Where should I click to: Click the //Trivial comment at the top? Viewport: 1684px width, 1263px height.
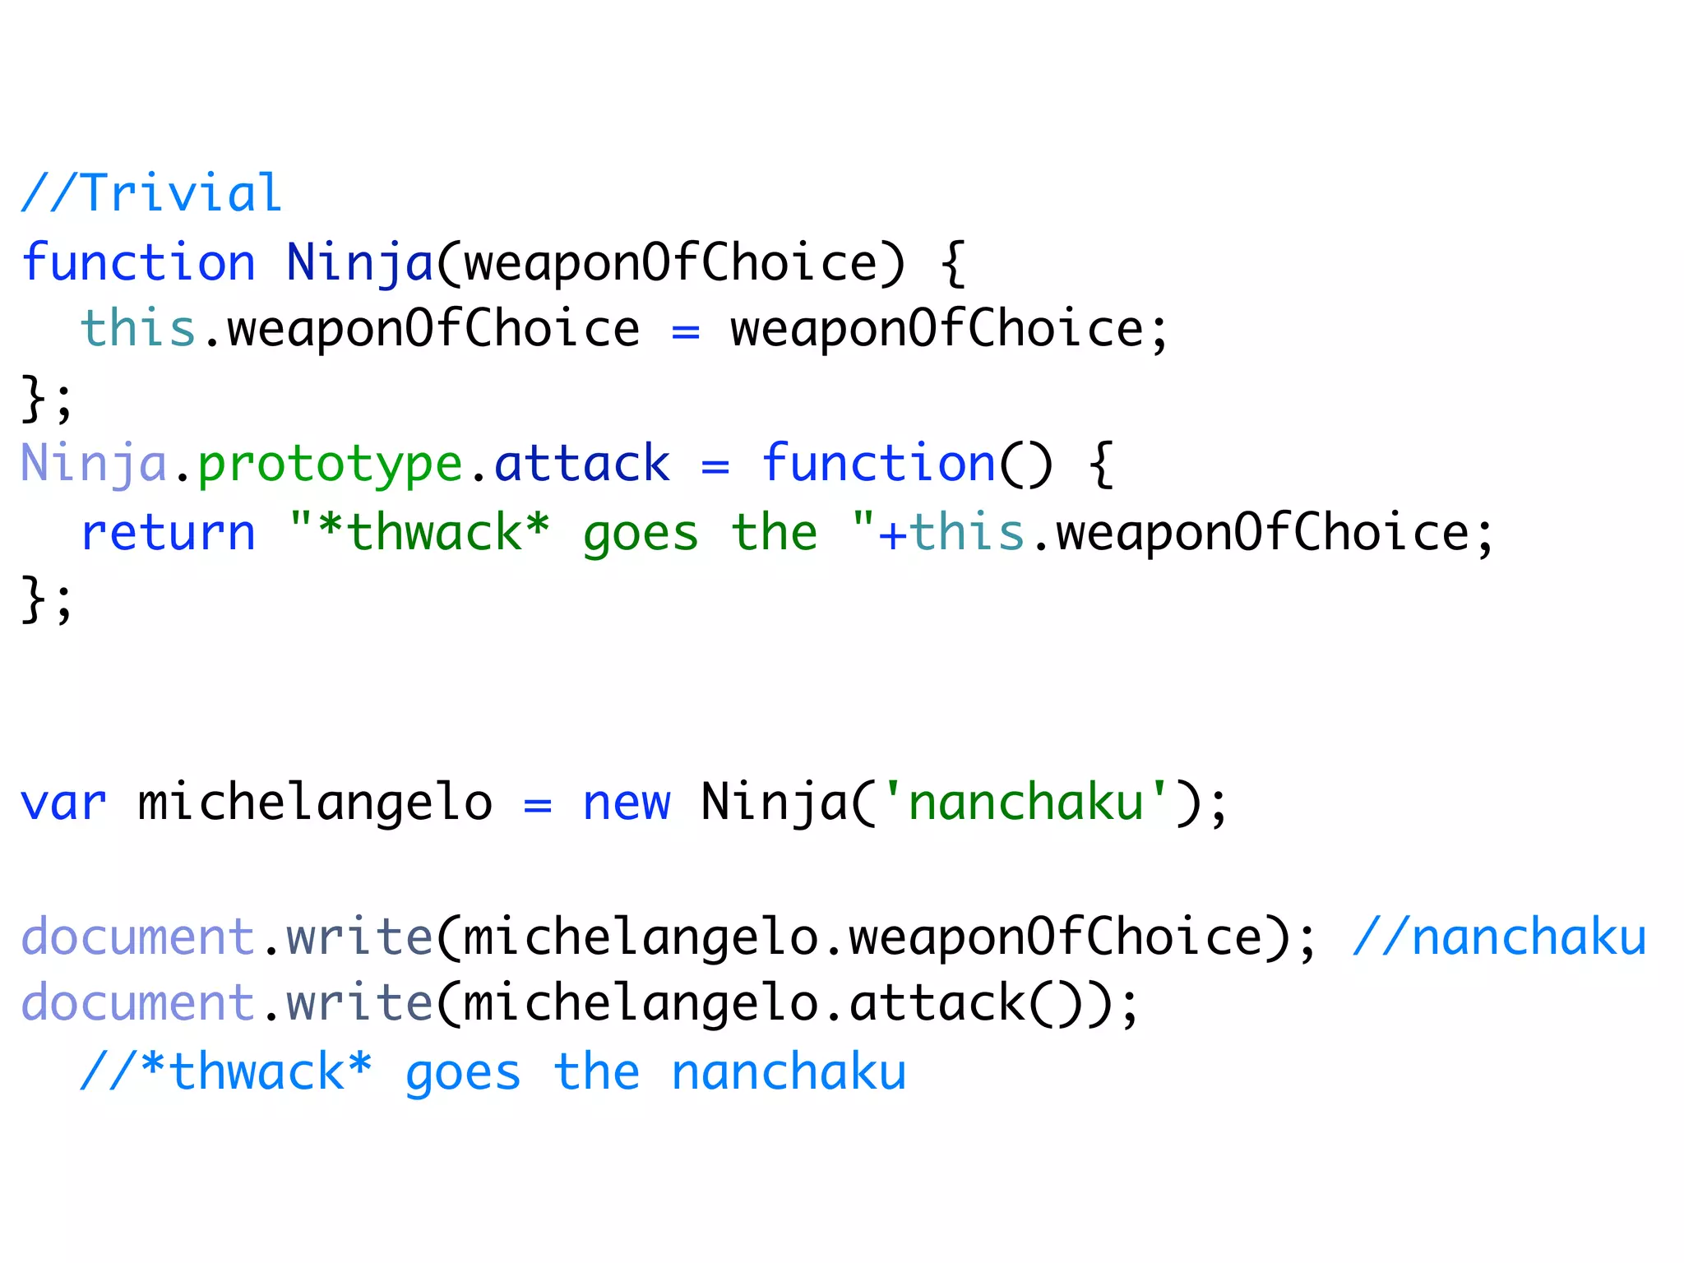click(x=151, y=194)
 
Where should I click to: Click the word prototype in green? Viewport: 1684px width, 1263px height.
click(x=330, y=465)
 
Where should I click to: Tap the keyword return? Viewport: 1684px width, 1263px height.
click(x=169, y=533)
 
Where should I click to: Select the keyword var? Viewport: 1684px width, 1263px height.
click(x=63, y=803)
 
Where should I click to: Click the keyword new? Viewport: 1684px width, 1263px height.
click(x=627, y=803)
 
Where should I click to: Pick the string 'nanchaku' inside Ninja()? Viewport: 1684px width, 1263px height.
click(x=1025, y=803)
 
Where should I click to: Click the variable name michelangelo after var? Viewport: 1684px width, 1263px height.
click(x=315, y=803)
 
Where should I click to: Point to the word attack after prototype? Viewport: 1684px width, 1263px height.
click(x=582, y=465)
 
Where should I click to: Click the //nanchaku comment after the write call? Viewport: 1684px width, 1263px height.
click(x=1499, y=937)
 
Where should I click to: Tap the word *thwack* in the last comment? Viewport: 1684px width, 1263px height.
click(x=256, y=1072)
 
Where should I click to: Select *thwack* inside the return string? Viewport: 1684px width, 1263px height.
click(x=434, y=533)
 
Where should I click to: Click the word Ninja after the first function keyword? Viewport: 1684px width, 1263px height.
click(x=359, y=263)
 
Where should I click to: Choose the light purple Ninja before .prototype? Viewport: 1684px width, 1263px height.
click(x=94, y=465)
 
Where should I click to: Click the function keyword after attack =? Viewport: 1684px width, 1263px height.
click(x=878, y=465)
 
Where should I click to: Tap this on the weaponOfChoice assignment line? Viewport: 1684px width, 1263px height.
click(x=137, y=329)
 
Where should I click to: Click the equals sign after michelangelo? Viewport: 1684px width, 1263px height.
click(x=537, y=804)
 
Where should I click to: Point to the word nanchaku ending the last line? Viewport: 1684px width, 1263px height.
click(x=789, y=1072)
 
